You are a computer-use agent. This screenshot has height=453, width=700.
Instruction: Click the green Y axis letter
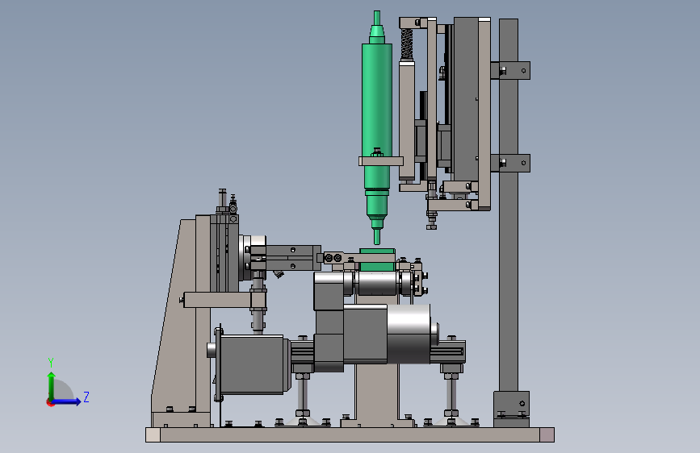[x=51, y=363]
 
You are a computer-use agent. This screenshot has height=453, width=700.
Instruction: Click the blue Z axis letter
[x=86, y=397]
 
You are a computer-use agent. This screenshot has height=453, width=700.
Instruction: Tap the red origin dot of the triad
[x=50, y=402]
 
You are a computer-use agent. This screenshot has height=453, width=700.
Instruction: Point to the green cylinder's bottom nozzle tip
[x=377, y=243]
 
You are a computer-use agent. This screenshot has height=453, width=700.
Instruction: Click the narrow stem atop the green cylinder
[x=377, y=18]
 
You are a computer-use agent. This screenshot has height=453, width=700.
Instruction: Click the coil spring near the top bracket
[x=406, y=44]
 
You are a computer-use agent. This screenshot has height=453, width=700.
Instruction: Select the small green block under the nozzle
[x=377, y=260]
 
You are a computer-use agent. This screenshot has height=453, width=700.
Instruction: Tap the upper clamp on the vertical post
[x=510, y=70]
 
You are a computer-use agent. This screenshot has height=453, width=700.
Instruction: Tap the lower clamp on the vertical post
[x=510, y=163]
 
